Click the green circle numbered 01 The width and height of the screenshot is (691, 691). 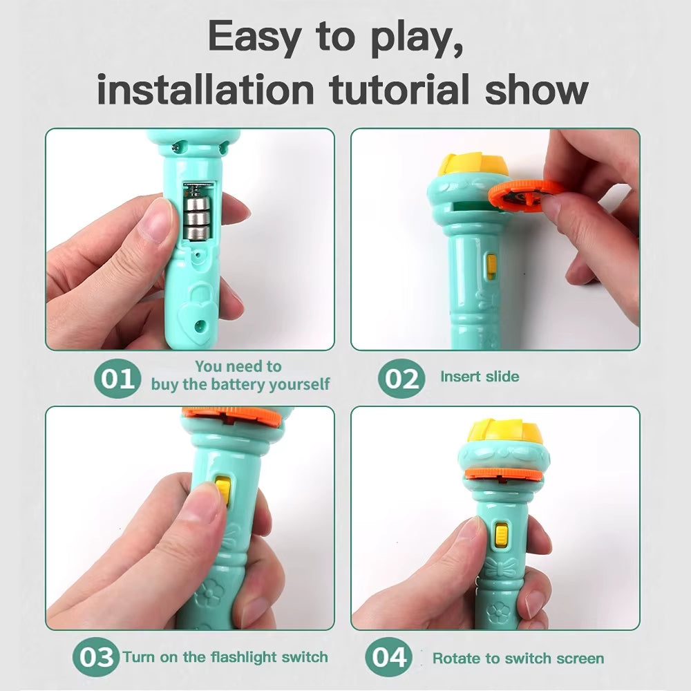coord(118,379)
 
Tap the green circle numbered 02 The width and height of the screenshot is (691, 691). coord(401,379)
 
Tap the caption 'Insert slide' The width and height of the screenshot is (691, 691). coord(480,377)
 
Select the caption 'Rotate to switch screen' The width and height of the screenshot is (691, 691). coord(518,658)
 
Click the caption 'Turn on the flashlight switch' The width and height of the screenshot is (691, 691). coord(225,656)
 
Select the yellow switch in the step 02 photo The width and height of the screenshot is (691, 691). coord(491,266)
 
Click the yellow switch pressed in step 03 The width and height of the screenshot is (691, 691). coord(223,489)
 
